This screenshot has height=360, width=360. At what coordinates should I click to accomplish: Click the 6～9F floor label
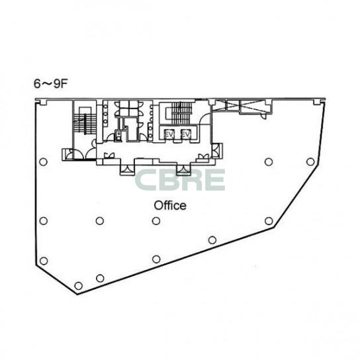tap(50, 84)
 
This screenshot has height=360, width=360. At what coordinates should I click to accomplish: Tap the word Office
tap(170, 206)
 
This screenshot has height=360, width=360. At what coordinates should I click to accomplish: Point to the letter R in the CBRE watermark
tap(193, 180)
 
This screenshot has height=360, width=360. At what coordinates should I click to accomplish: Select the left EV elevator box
tap(169, 134)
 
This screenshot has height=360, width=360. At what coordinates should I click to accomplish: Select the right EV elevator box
tap(186, 134)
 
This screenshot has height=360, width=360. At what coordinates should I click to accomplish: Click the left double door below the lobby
tap(127, 169)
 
